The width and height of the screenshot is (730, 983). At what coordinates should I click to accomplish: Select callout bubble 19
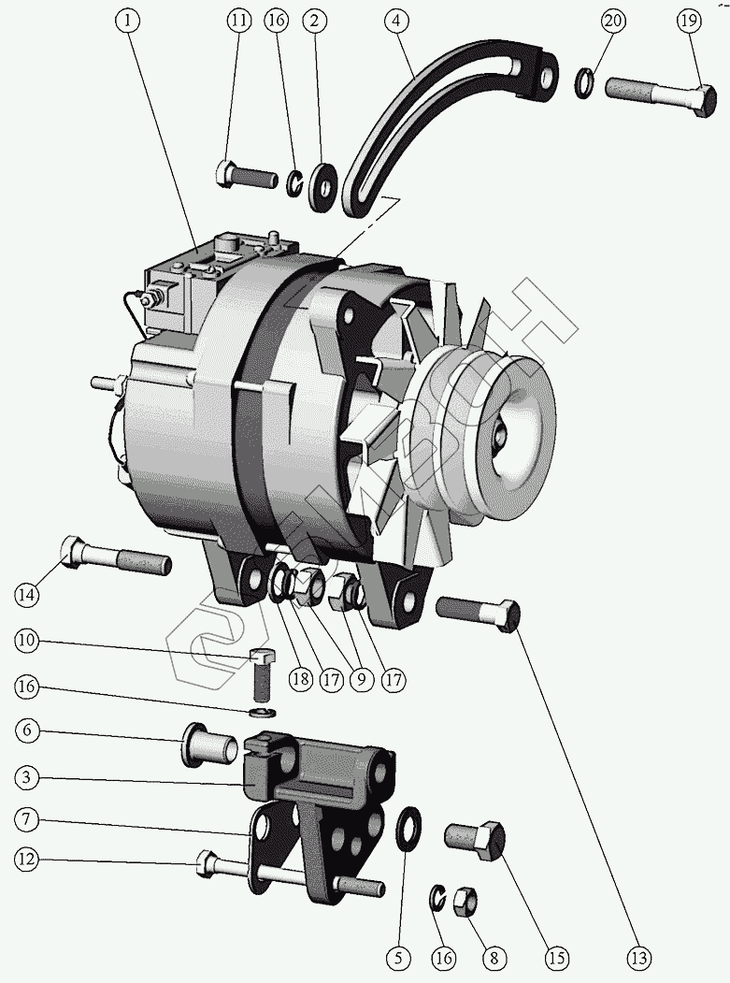[689, 21]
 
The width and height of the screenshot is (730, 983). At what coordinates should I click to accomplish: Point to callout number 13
[639, 958]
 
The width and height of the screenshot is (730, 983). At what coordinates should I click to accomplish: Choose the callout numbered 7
[27, 819]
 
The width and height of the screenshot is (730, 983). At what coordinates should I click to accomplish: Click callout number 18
[299, 679]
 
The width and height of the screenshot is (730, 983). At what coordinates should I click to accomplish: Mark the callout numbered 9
[358, 679]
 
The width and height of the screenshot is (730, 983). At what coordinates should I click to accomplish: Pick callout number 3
[27, 776]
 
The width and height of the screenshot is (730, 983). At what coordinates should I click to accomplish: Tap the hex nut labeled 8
[465, 903]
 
